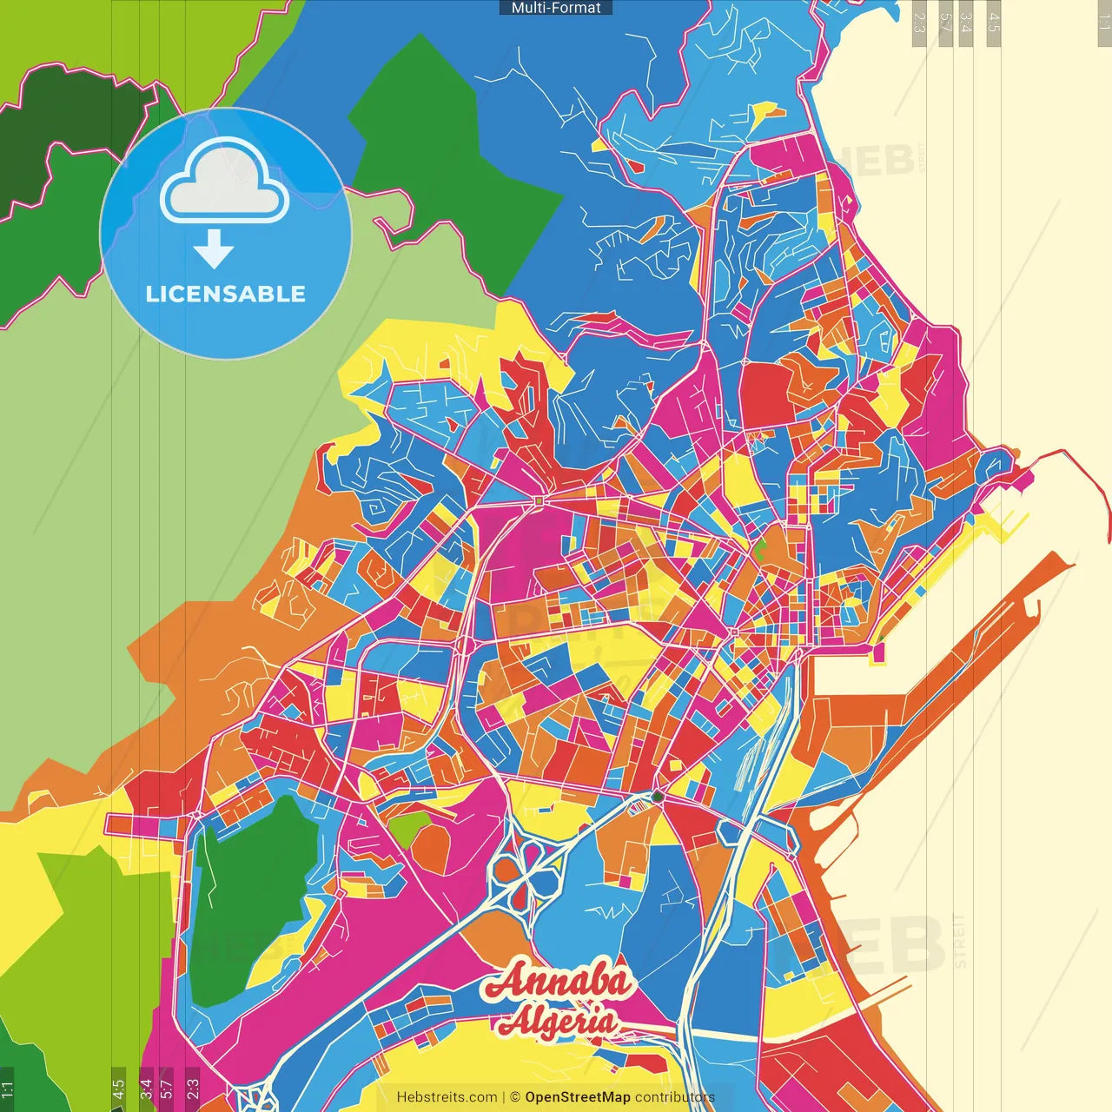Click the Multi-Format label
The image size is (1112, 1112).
pyautogui.click(x=556, y=8)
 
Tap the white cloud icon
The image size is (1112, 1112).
pyautogui.click(x=225, y=183)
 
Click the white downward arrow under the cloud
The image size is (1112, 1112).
pyautogui.click(x=214, y=250)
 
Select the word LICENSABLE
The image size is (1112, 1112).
pyautogui.click(x=226, y=294)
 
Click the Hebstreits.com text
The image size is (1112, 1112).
pyautogui.click(x=447, y=1097)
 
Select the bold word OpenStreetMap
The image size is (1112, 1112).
pyautogui.click(x=578, y=1097)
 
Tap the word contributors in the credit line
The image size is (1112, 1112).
pyautogui.click(x=675, y=1097)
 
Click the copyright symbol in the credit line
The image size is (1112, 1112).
pyautogui.click(x=514, y=1097)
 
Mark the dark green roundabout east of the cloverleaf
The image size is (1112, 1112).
pyautogui.click(x=658, y=797)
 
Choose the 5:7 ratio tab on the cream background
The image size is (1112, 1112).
pyautogui.click(x=945, y=22)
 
